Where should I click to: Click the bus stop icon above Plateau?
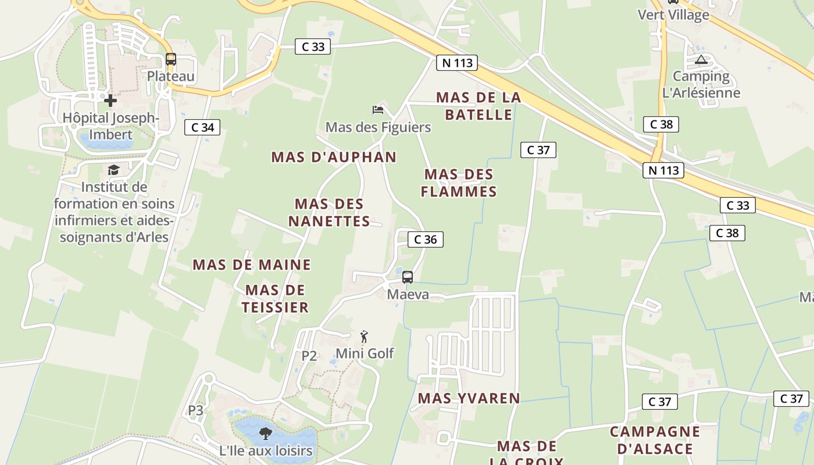(x=170, y=59)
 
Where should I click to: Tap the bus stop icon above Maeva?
(x=408, y=277)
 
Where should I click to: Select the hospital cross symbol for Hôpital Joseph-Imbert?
(x=110, y=101)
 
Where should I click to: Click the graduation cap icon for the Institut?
(x=113, y=170)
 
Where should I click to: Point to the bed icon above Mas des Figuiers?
(x=378, y=109)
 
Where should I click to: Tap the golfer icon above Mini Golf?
(x=364, y=337)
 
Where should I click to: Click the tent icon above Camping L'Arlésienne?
(x=701, y=59)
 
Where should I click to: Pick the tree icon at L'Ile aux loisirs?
(x=266, y=432)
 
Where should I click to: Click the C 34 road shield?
(x=202, y=127)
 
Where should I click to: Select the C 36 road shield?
(x=425, y=239)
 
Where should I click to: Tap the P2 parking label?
(x=309, y=356)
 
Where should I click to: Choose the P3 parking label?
(x=195, y=410)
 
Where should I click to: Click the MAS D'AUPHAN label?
(x=334, y=157)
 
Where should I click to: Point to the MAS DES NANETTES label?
(x=329, y=213)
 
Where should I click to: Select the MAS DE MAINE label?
(x=252, y=265)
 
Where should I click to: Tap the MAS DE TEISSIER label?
(x=275, y=299)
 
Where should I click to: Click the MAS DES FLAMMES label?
(x=459, y=183)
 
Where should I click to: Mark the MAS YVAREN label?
(x=469, y=398)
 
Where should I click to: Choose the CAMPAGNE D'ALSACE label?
(x=655, y=440)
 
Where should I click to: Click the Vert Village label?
(x=673, y=15)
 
